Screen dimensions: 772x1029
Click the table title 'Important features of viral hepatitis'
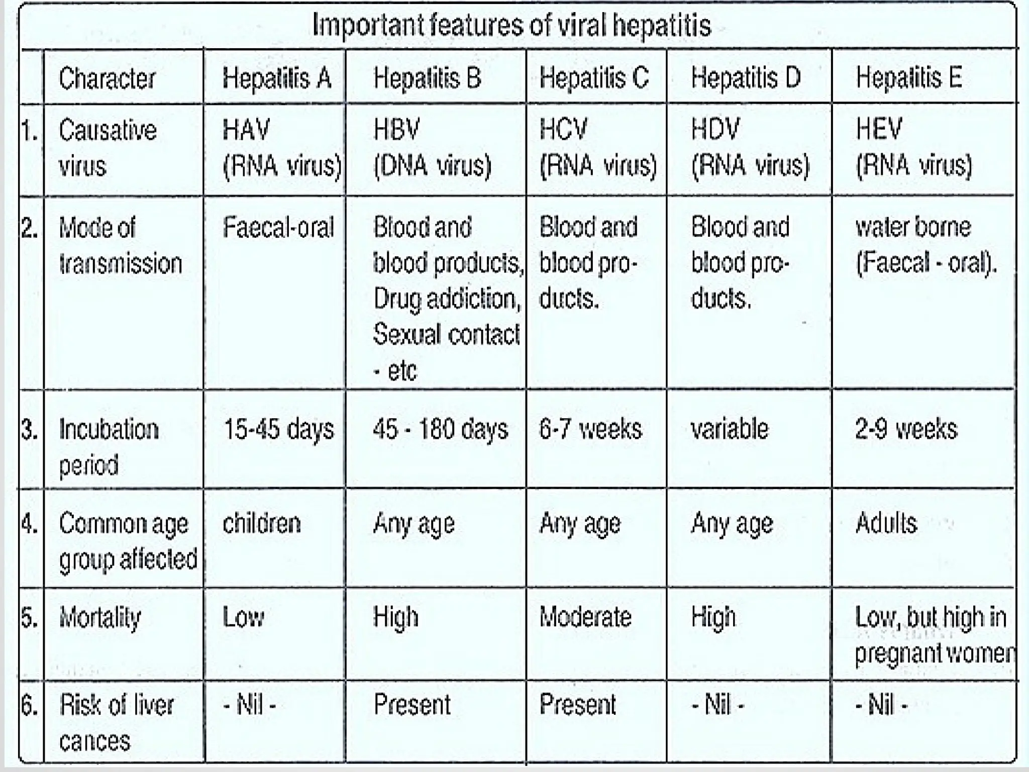[511, 25]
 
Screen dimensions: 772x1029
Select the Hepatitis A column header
[277, 78]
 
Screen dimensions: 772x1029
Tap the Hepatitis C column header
[594, 78]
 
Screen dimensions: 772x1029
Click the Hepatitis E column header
[909, 78]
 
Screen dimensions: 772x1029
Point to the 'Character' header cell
[107, 79]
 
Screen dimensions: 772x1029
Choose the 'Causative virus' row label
[108, 148]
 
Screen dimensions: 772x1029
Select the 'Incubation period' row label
[109, 447]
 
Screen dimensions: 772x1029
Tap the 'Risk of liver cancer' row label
[116, 723]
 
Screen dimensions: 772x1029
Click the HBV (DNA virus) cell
[432, 148]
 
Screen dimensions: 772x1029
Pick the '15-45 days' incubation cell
[278, 430]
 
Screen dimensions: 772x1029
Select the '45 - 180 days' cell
[440, 430]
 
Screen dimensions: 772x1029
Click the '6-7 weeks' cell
[590, 430]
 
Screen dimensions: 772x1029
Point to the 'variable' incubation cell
[730, 430]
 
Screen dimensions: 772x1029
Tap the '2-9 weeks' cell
[906, 430]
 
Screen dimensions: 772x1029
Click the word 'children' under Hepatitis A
[262, 524]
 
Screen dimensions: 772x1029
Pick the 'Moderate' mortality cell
[585, 617]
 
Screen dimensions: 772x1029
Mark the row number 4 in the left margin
[30, 524]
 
